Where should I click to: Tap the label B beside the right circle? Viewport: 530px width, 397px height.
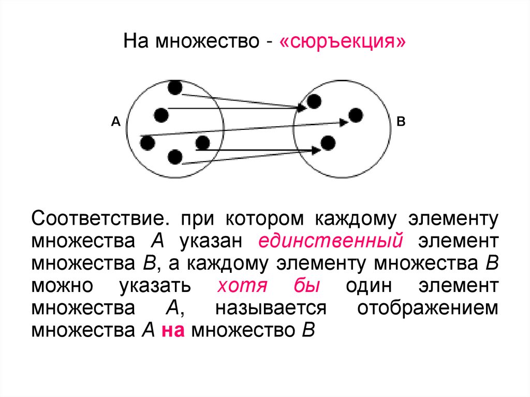(401, 122)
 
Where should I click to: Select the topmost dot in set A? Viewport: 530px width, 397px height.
(175, 87)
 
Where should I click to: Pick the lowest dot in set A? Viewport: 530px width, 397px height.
(175, 156)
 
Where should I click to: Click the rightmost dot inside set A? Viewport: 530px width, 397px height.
(202, 142)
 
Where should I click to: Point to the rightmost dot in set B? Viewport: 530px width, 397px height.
(355, 115)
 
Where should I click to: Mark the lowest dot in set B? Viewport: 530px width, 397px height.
(328, 142)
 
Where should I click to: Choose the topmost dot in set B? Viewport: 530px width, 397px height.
(314, 101)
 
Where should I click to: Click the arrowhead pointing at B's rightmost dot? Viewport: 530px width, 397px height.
(343, 122)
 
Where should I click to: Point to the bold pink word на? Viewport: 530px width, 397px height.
(173, 330)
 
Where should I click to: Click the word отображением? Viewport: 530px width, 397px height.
(428, 308)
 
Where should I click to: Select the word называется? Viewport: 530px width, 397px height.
(271, 308)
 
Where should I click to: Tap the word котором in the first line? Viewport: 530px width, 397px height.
(263, 218)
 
